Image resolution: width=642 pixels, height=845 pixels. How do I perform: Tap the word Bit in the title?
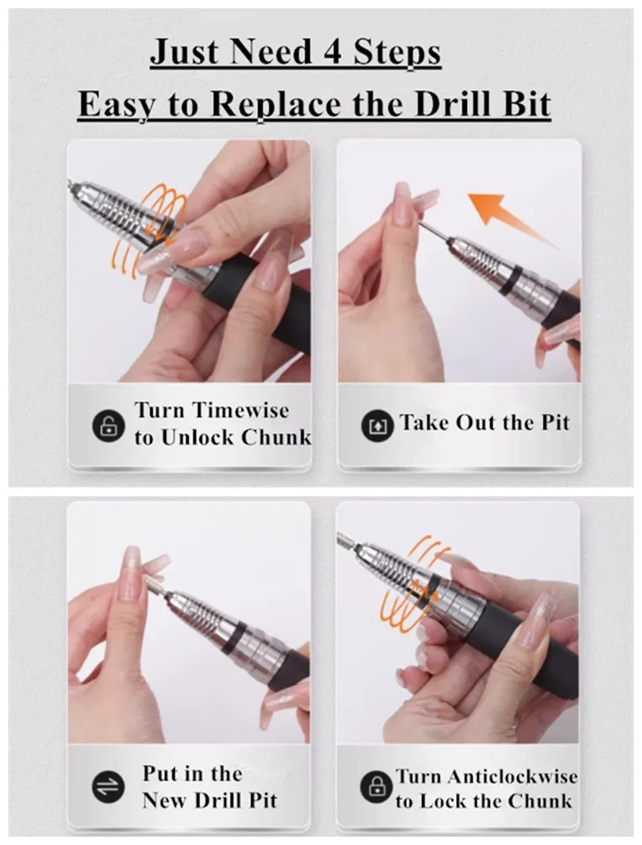click(524, 105)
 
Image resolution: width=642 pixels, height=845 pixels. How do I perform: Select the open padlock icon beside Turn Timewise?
click(108, 426)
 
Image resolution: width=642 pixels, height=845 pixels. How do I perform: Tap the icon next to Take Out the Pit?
click(377, 426)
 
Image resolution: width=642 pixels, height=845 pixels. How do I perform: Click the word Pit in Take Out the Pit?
click(552, 423)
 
